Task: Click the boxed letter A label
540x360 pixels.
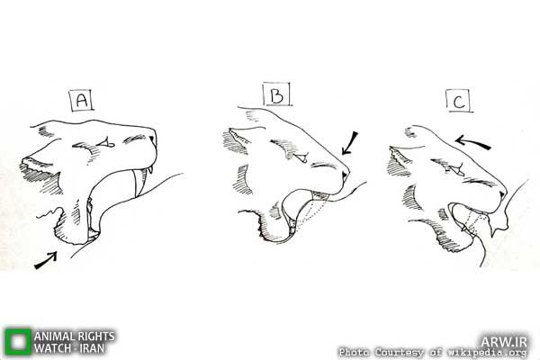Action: click(82, 100)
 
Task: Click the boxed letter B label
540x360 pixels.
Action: click(277, 94)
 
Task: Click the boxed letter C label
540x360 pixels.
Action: click(459, 101)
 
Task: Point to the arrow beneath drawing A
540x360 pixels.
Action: click(46, 260)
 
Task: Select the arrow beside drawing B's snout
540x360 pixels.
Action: click(349, 143)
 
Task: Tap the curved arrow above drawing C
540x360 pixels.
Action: click(472, 142)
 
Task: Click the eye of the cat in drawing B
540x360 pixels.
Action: click(301, 157)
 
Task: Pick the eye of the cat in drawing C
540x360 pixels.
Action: click(456, 169)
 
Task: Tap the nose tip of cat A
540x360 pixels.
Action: click(152, 139)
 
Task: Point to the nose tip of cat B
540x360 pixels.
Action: click(346, 175)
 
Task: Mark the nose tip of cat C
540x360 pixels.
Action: click(503, 195)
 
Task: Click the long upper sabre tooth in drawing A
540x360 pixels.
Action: click(140, 184)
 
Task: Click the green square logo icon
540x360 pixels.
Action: click(18, 341)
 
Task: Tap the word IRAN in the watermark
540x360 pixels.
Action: click(93, 348)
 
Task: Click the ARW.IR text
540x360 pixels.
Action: click(504, 341)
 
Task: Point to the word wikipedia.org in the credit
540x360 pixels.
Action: click(487, 353)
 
